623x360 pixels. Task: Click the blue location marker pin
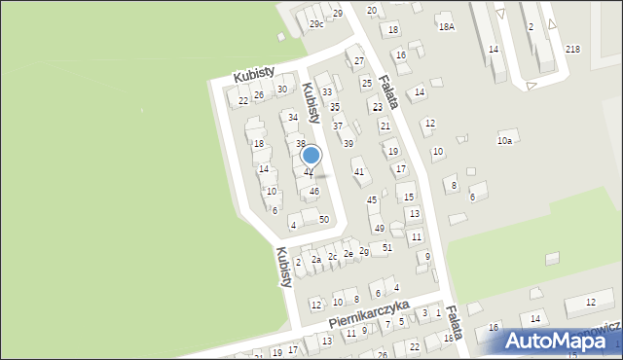point(311,155)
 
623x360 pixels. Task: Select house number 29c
point(316,23)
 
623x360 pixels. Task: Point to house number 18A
point(446,27)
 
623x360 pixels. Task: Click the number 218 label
point(572,49)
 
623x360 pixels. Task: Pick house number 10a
point(504,141)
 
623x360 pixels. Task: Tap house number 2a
point(316,259)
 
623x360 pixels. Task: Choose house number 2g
point(364,251)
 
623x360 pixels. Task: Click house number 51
point(386,248)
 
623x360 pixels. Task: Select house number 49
point(380,229)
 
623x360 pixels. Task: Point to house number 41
point(359,171)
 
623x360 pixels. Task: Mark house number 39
point(348,143)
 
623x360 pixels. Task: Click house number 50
point(324,219)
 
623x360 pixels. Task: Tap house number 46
point(313,192)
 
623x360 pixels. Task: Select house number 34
point(292,117)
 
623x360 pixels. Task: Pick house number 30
point(282,90)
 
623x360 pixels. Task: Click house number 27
point(358,60)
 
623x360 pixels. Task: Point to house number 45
point(371,199)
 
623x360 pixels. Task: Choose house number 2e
point(348,253)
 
